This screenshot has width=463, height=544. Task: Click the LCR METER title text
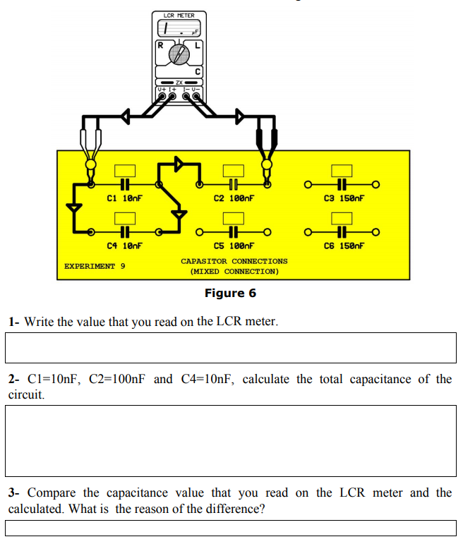coord(179,15)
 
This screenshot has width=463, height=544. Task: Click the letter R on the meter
coord(161,45)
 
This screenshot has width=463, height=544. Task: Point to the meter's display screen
coord(179,30)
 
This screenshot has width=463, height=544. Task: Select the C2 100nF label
coord(234,199)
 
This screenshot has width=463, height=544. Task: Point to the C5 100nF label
coord(234,246)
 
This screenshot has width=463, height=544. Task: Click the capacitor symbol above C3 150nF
coord(342,186)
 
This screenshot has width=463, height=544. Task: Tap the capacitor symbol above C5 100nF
coord(233,232)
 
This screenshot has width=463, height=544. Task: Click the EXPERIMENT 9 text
coord(95,266)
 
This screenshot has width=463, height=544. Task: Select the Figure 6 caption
coord(230,293)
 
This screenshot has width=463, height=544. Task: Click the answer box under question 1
coord(231,346)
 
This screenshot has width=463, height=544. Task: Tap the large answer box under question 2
coord(231,440)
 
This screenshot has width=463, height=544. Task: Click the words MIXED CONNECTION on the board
coord(234,271)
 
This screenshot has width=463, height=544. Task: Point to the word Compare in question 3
coord(52,492)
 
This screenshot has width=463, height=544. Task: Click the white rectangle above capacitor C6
coord(342,218)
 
